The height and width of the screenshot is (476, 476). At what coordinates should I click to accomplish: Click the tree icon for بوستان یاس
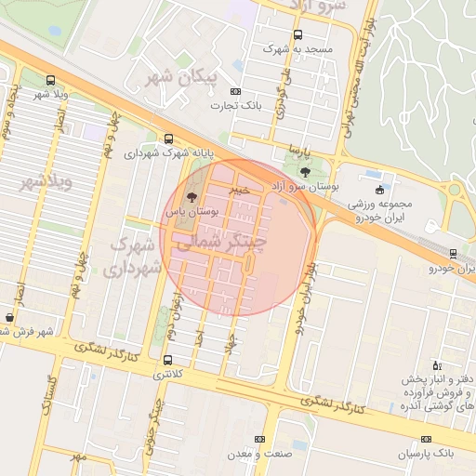coord(192,197)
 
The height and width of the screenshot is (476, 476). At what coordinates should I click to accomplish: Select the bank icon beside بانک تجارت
coord(235,91)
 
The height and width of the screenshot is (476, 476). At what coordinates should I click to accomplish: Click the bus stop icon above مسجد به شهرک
coord(297,34)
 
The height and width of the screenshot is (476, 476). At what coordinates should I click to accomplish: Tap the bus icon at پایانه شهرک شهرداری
coord(167,139)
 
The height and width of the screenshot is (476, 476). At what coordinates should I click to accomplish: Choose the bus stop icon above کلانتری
coord(167,360)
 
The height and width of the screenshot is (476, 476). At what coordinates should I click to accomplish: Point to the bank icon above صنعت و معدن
coord(259,439)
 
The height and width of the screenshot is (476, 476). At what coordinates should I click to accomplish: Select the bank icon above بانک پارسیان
coord(426,439)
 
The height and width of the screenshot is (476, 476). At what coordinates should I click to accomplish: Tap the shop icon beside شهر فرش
coord(9,317)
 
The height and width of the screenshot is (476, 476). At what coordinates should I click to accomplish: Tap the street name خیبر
coord(241,190)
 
